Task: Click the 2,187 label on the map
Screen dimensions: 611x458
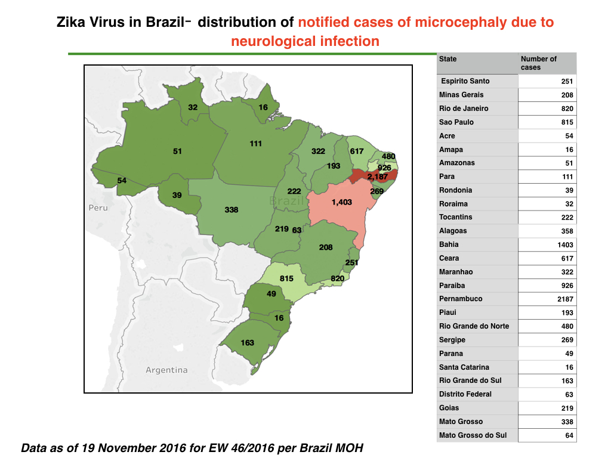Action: click(x=377, y=177)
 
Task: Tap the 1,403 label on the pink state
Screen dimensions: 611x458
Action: click(x=341, y=202)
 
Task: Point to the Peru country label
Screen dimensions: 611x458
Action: click(x=98, y=208)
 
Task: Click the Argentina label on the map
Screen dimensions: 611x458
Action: click(x=166, y=370)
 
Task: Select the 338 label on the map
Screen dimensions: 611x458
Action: click(x=231, y=210)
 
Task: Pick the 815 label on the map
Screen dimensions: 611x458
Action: click(x=286, y=278)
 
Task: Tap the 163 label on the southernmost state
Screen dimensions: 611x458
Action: click(x=247, y=343)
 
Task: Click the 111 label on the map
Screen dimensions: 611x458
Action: click(x=255, y=144)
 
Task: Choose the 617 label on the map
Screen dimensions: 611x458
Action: click(x=357, y=151)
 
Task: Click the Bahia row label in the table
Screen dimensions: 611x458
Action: click(x=449, y=245)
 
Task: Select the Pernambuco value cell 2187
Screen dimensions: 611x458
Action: click(x=565, y=299)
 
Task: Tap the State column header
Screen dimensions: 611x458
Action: click(x=448, y=59)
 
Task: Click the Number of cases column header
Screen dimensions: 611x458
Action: click(x=539, y=63)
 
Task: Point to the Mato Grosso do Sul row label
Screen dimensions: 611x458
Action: click(x=473, y=435)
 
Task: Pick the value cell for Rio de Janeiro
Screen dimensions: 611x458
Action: click(x=567, y=109)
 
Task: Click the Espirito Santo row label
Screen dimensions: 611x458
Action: click(x=465, y=81)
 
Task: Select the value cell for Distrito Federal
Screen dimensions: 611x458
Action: click(x=569, y=395)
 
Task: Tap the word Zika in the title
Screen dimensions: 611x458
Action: click(x=72, y=22)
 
